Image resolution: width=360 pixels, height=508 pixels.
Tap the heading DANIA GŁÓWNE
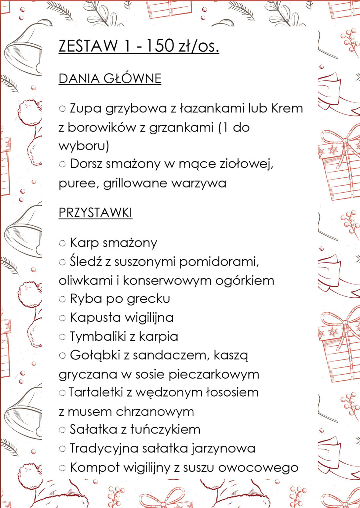click(x=110, y=79)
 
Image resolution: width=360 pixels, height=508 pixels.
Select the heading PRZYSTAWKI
click(x=95, y=213)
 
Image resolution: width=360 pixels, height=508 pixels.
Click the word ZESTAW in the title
click(x=88, y=46)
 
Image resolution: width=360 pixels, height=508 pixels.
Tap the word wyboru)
click(x=84, y=146)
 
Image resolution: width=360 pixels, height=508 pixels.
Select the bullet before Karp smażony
click(x=62, y=243)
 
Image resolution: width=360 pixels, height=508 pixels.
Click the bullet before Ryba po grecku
click(x=62, y=299)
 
